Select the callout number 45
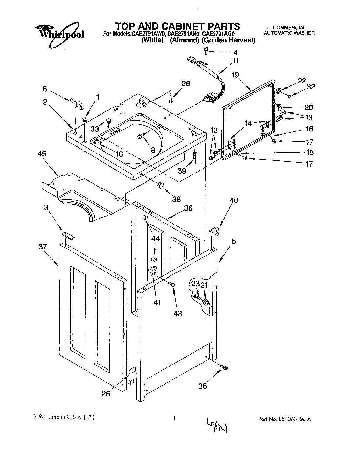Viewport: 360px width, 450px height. (x=42, y=154)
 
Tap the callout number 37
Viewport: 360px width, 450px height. (x=42, y=247)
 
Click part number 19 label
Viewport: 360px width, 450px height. (x=235, y=75)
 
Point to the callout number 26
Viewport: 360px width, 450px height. (x=106, y=393)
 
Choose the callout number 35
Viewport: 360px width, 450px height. (x=203, y=386)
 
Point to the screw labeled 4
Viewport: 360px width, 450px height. (x=206, y=50)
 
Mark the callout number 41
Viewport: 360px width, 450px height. (x=157, y=302)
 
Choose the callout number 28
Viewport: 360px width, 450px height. (x=186, y=83)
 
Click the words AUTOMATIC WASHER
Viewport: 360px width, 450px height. (x=289, y=33)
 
